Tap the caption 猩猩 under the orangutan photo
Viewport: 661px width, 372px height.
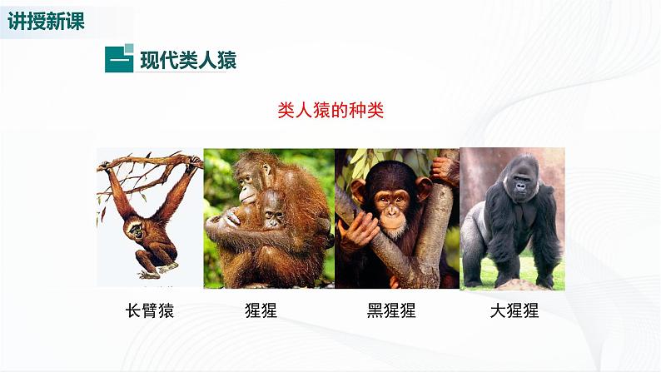[261, 311]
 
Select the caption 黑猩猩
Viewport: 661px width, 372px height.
[390, 311]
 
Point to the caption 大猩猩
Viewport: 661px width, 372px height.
[514, 311]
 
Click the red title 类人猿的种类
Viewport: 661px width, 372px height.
[330, 111]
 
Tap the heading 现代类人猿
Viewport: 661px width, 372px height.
[187, 61]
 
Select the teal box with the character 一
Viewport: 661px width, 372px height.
[119, 61]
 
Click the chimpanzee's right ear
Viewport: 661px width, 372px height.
[424, 188]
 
